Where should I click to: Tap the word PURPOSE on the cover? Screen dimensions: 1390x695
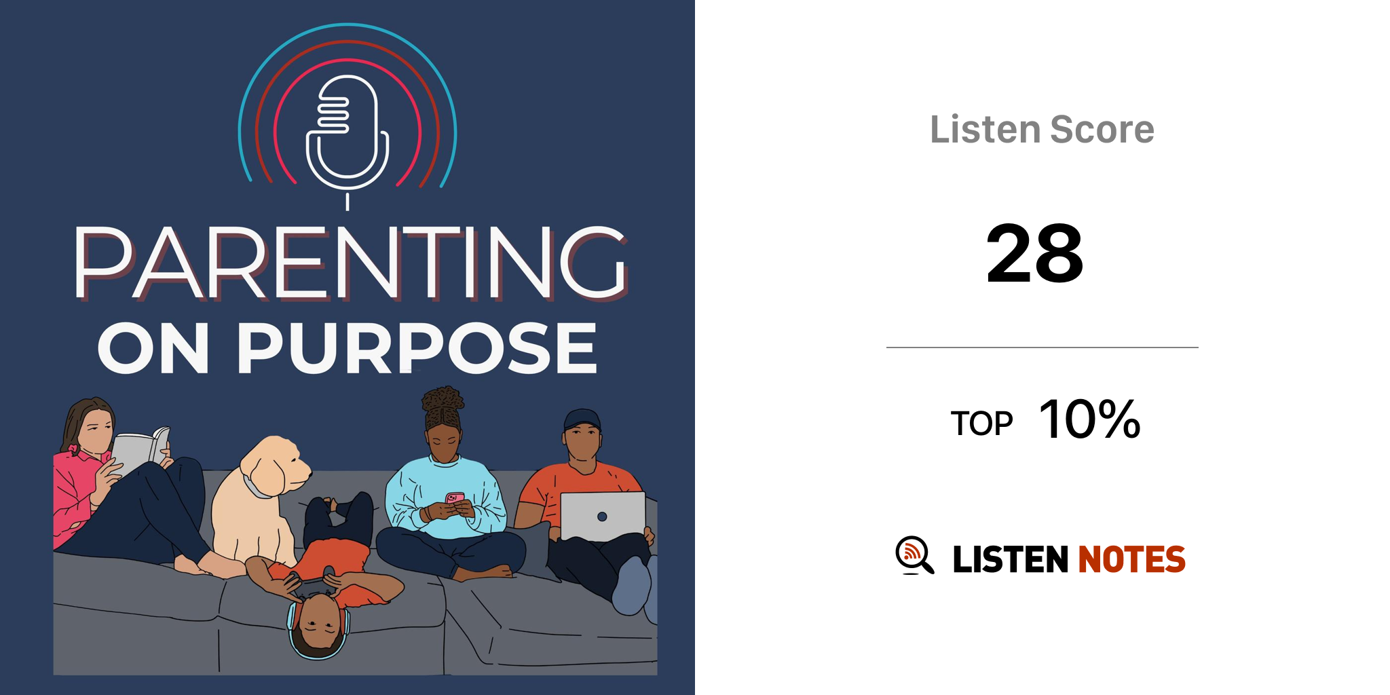[417, 347]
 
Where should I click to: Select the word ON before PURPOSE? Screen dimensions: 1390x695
[153, 347]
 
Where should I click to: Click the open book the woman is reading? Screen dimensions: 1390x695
[140, 451]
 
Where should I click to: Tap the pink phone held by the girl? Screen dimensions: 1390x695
[455, 499]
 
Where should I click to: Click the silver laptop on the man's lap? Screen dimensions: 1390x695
[603, 516]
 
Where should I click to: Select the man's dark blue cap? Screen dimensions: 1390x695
[582, 419]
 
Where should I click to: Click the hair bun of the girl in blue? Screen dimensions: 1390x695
[443, 400]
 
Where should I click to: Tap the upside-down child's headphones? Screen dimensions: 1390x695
[318, 635]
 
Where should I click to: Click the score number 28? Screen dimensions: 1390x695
[1035, 254]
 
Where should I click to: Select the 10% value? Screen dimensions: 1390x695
[1090, 419]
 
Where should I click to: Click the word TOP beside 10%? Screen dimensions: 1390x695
[981, 424]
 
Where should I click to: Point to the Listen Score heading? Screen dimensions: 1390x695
[1042, 130]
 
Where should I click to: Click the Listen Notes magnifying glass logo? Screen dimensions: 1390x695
[914, 555]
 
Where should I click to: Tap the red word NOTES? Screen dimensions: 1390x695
[1131, 559]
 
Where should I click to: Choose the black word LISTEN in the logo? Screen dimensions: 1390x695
[1011, 559]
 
